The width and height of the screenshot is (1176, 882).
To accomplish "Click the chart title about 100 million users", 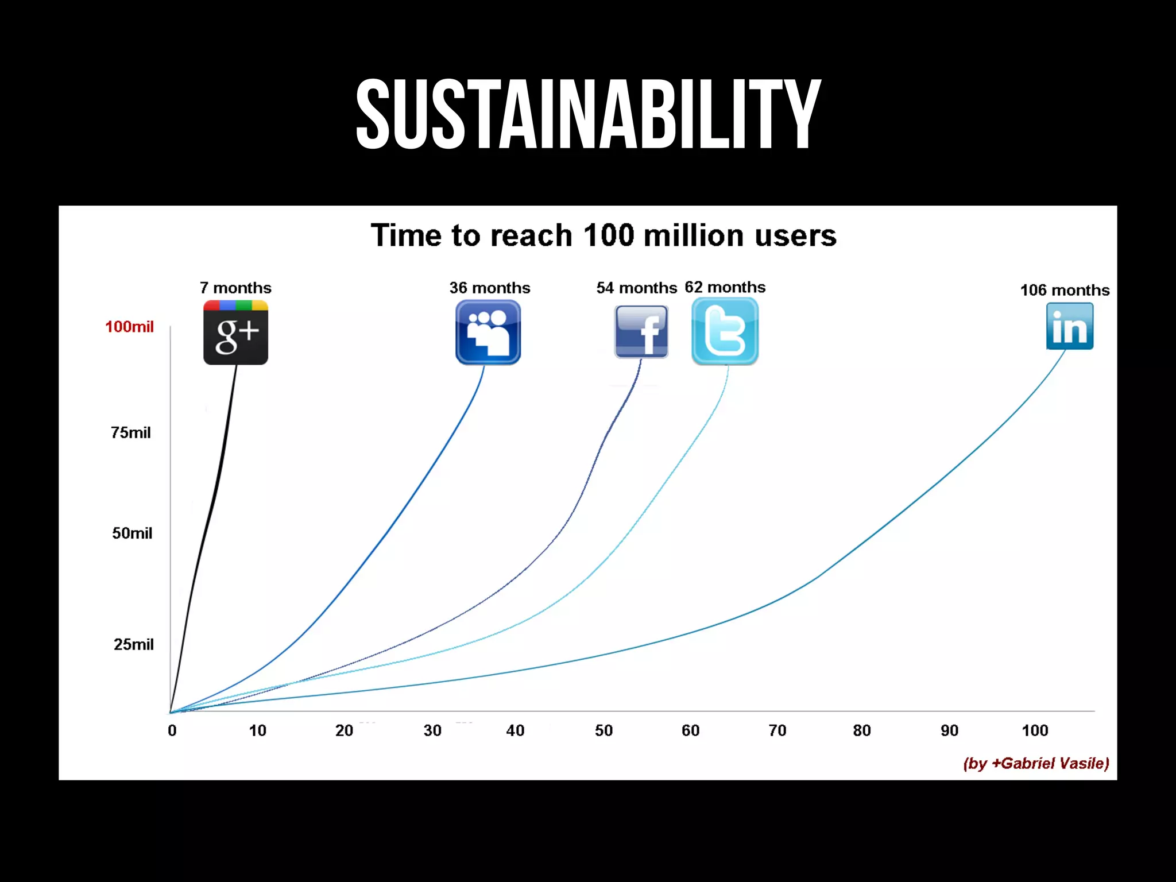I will (603, 235).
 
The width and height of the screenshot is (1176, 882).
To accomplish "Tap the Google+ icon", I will (235, 332).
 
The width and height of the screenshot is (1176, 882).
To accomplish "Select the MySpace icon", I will (488, 332).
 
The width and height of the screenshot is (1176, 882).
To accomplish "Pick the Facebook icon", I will (641, 332).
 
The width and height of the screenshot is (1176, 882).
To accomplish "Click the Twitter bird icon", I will (725, 331).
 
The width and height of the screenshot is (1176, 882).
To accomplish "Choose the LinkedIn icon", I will (1069, 326).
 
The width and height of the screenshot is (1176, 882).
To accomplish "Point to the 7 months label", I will (235, 288).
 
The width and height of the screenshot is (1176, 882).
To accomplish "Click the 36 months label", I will (489, 288).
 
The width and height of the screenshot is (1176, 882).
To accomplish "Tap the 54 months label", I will (636, 288).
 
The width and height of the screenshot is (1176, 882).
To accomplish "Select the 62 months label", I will (725, 287).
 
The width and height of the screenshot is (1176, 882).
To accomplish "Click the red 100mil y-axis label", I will (129, 327).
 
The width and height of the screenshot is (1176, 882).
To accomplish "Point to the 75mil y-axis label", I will (131, 432).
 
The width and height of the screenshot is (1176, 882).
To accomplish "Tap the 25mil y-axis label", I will (133, 644).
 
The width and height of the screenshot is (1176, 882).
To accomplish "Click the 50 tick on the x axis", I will (604, 730).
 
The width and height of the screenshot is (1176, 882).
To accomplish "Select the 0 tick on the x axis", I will (172, 730).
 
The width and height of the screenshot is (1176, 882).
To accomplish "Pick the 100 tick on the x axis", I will (1035, 730).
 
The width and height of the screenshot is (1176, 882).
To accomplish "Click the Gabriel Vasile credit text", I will (1036, 763).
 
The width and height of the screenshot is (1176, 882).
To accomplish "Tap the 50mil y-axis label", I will (132, 533).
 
